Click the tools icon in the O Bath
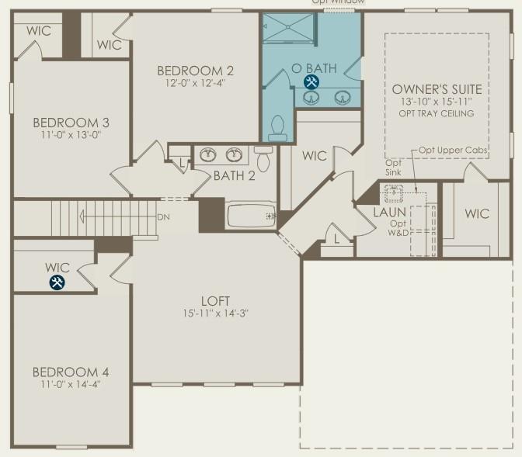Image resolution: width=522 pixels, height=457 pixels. [x=311, y=83]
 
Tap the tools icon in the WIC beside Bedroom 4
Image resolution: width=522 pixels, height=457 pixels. [x=57, y=283]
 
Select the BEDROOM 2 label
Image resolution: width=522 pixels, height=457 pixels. [x=195, y=71]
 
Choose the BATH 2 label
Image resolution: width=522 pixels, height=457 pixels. [x=234, y=175]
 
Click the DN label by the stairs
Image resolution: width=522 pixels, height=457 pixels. [x=163, y=216]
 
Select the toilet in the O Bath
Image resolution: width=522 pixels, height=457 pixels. [x=277, y=127]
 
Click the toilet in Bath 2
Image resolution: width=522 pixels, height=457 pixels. [x=262, y=160]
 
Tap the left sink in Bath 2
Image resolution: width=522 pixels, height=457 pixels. [x=207, y=155]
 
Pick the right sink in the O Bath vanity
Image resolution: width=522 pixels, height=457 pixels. [x=342, y=98]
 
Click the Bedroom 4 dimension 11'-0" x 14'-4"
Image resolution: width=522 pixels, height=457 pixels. [x=71, y=384]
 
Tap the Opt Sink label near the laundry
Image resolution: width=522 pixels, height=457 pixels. [x=394, y=168]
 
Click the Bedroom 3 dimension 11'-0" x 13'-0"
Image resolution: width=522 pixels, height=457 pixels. [x=71, y=135]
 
